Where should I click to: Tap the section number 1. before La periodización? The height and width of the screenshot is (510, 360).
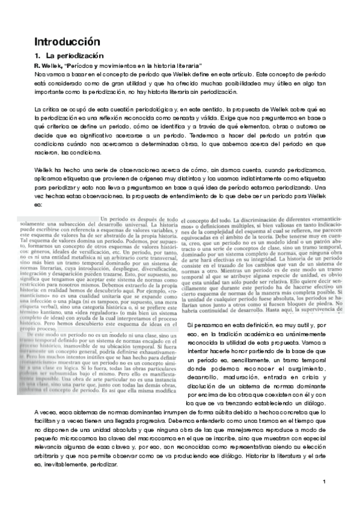click(37, 56)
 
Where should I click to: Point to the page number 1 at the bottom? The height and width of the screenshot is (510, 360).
click(323, 499)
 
